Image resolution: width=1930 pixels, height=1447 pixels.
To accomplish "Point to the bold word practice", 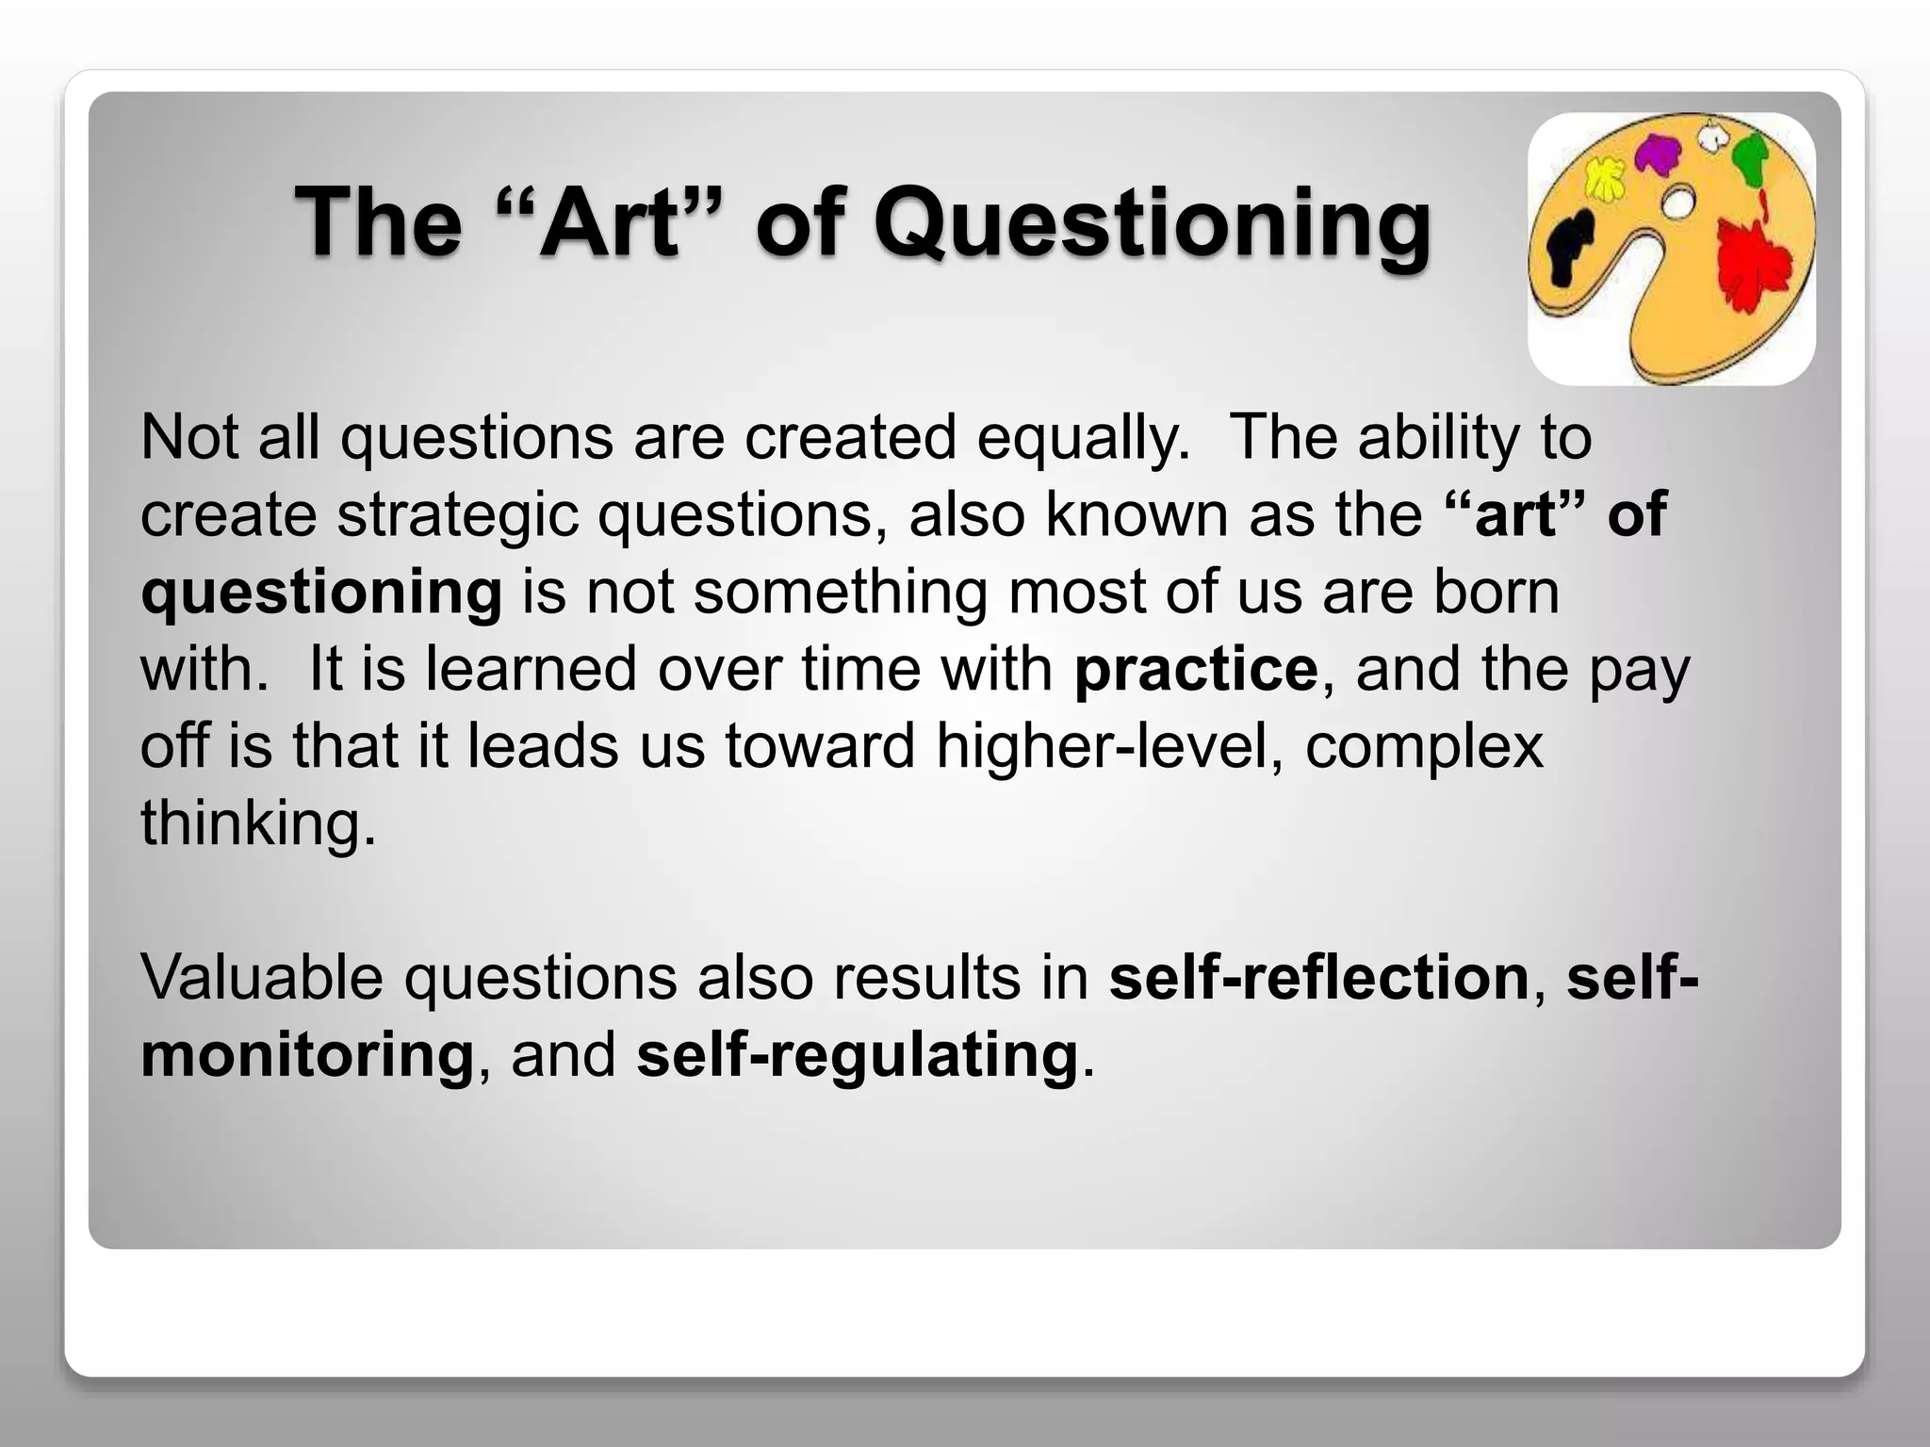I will (1195, 669).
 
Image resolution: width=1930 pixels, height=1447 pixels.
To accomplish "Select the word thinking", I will (257, 823).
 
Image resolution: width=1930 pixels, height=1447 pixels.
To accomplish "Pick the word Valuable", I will (262, 976).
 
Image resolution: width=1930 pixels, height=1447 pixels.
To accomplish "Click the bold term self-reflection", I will (1318, 976).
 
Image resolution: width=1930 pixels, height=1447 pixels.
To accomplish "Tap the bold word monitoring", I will (307, 1053).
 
